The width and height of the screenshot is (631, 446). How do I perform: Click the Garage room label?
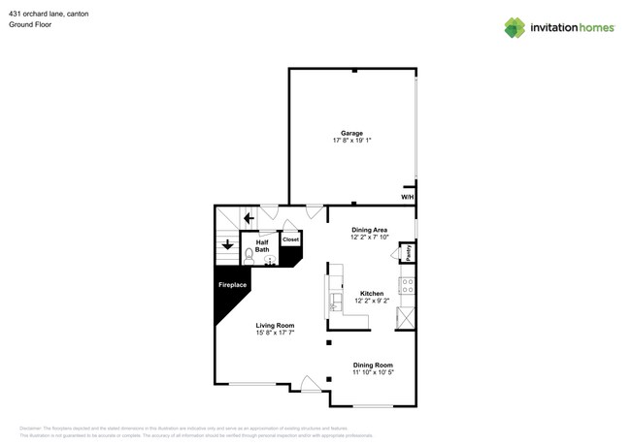pyautogui.click(x=351, y=133)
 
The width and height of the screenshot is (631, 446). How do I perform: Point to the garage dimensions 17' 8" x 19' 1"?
pyautogui.click(x=351, y=141)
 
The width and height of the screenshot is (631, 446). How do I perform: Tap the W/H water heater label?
pyautogui.click(x=407, y=198)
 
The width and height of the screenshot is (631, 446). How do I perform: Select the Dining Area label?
pyautogui.click(x=369, y=230)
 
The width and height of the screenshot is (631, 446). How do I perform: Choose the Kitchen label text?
pyautogui.click(x=372, y=293)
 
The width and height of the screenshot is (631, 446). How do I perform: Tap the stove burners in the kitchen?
pyautogui.click(x=408, y=286)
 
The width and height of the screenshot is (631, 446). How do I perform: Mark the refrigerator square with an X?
pyautogui.click(x=407, y=318)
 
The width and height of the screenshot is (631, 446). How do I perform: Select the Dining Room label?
pyautogui.click(x=372, y=365)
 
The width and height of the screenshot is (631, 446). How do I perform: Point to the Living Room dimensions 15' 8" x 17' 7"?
pyautogui.click(x=275, y=333)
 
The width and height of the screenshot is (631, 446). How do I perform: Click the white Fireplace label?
pyautogui.click(x=232, y=285)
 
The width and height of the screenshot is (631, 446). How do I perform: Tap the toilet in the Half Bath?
pyautogui.click(x=249, y=256)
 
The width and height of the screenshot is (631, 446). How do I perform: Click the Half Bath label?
pyautogui.click(x=262, y=246)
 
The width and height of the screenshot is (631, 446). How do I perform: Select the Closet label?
pyautogui.click(x=290, y=239)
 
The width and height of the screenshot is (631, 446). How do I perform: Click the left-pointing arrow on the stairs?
pyautogui.click(x=249, y=218)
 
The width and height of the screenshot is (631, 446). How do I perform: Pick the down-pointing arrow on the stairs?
pyautogui.click(x=227, y=244)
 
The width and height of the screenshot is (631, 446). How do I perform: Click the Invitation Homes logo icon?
pyautogui.click(x=515, y=27)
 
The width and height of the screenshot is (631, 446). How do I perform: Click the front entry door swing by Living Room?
pyautogui.click(x=311, y=385)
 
